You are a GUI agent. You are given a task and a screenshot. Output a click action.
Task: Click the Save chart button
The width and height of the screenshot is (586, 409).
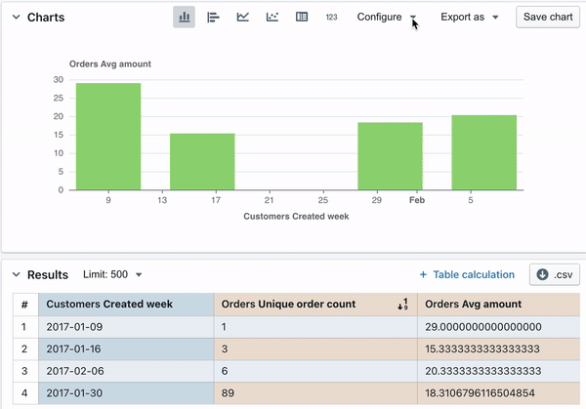point(548,18)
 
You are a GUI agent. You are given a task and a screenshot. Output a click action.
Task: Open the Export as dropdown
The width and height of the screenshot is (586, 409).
point(469,18)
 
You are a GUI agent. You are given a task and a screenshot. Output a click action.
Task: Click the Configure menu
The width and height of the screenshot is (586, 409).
point(387,18)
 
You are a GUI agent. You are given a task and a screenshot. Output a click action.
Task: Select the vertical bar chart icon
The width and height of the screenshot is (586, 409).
point(184,18)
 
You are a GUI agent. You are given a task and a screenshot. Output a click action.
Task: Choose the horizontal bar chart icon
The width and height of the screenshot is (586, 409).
point(213,18)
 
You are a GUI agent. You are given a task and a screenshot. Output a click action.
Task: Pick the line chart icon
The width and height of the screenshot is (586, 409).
point(242,18)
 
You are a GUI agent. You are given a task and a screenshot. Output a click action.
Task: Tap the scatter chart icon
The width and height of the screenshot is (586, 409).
point(272,18)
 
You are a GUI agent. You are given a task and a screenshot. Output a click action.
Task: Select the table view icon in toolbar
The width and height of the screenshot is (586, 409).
point(302,18)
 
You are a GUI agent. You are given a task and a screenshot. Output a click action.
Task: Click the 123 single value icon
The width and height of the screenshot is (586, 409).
point(331,18)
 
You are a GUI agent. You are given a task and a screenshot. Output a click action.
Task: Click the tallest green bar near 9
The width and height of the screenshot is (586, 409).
point(108,137)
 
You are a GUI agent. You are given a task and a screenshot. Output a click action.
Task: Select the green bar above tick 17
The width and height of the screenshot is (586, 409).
point(202,162)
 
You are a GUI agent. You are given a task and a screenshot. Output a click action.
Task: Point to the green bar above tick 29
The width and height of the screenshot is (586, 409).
point(390,156)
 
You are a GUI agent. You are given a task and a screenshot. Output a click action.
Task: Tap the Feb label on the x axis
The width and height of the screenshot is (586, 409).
point(417,200)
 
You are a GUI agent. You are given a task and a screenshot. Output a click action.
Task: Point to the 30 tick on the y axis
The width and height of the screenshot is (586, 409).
point(59,80)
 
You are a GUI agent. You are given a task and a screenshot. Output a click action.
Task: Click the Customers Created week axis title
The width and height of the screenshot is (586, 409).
point(296,216)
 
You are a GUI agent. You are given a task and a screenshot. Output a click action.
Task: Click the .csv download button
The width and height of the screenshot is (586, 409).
point(554,275)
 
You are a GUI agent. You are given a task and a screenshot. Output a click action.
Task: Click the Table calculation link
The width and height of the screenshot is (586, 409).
point(467,275)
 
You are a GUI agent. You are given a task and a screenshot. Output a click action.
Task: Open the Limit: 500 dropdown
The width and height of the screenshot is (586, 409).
point(113,275)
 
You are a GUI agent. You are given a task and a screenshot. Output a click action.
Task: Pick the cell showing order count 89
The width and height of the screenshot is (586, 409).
point(314,394)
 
